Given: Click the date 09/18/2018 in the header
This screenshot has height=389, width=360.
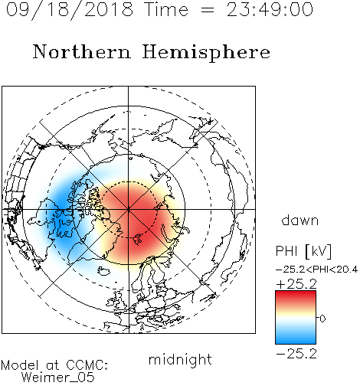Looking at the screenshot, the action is [70, 9].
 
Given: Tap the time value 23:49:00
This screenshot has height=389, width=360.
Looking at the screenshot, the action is [270, 10].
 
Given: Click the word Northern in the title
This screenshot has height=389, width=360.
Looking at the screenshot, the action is [82, 51].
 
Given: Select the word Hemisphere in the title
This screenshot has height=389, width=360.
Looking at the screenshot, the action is [206, 53].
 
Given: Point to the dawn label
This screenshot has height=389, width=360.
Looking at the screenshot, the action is [300, 220].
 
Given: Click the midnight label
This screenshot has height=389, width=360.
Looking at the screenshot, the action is [180, 360].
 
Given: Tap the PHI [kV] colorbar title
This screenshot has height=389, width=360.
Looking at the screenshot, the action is [303, 251].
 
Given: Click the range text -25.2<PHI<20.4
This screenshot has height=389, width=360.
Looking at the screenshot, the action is [316, 270].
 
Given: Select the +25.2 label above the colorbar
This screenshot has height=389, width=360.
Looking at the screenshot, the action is [296, 284].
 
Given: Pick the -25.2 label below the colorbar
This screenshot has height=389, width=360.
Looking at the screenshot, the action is [296, 354].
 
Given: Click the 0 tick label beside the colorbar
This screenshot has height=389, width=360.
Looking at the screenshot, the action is [322, 319].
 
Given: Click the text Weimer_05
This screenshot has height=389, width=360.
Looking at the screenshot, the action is [58, 378].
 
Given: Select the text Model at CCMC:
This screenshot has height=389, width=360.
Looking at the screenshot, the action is [54, 365].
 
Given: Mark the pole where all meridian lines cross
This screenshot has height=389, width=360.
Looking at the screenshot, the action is [129, 209].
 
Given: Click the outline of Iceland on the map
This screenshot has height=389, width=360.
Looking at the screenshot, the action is [104, 271].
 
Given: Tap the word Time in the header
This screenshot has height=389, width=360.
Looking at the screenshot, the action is [166, 10].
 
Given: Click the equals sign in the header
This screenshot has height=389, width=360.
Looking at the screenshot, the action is [208, 11].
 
